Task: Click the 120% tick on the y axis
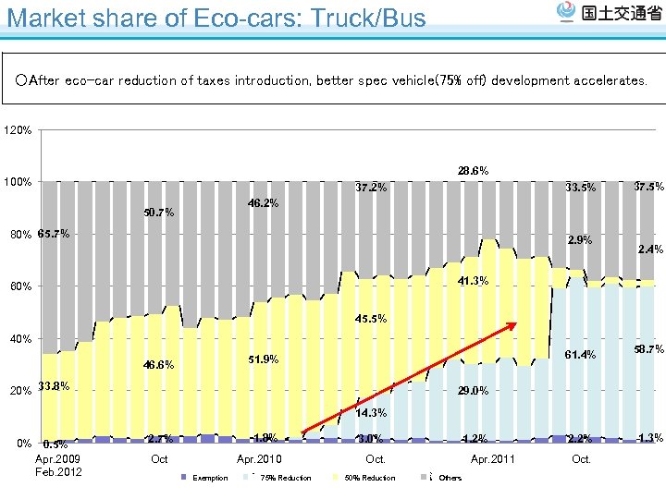[19, 130]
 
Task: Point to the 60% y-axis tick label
[19, 286]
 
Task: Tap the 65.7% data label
[54, 234]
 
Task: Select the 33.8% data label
[54, 387]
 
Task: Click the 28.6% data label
[473, 171]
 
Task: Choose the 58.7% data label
[649, 349]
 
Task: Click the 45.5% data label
[371, 319]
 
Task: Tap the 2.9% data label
[580, 240]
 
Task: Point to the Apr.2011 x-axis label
[493, 459]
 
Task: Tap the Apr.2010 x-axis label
[259, 459]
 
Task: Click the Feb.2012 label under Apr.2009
[57, 472]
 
